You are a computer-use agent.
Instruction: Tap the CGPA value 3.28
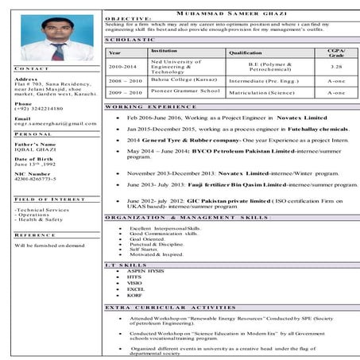coord(336,68)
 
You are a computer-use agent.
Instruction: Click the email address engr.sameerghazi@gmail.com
coord(56,124)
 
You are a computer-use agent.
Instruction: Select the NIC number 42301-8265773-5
coord(41,178)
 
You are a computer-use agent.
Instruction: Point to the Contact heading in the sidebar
coord(31,69)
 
